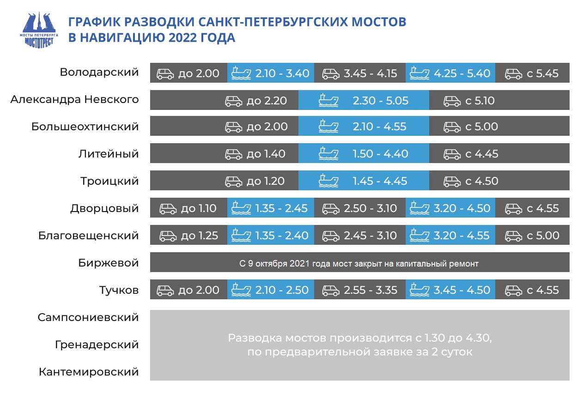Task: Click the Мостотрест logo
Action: pyautogui.click(x=39, y=30)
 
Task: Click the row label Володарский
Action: pyautogui.click(x=99, y=73)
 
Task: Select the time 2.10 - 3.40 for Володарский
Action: pyautogui.click(x=282, y=73)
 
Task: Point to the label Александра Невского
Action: pyautogui.click(x=74, y=99)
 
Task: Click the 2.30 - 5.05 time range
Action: pyautogui.click(x=381, y=101)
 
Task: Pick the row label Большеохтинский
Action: pyautogui.click(x=85, y=127)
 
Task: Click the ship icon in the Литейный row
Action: pyautogui.click(x=328, y=154)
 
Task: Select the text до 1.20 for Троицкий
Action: pyautogui.click(x=266, y=181)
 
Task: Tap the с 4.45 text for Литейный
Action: pyautogui.click(x=482, y=154)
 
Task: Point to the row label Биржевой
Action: pyautogui.click(x=108, y=263)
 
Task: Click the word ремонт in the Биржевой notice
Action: pyautogui.click(x=464, y=264)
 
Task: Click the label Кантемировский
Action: pyautogui.click(x=89, y=372)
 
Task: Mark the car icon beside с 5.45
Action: pyautogui.click(x=513, y=74)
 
